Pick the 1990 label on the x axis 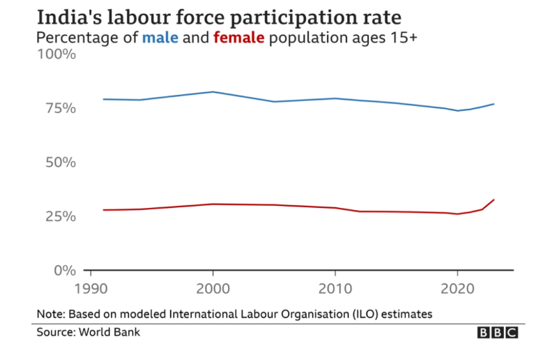tap(90, 287)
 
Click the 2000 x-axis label tap(212, 287)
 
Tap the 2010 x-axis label tap(335, 287)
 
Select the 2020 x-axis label tap(457, 287)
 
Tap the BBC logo tap(498, 333)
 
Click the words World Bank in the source tap(112, 332)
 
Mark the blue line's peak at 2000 tap(212, 92)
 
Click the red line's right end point tap(494, 200)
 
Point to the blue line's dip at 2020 tap(457, 110)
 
